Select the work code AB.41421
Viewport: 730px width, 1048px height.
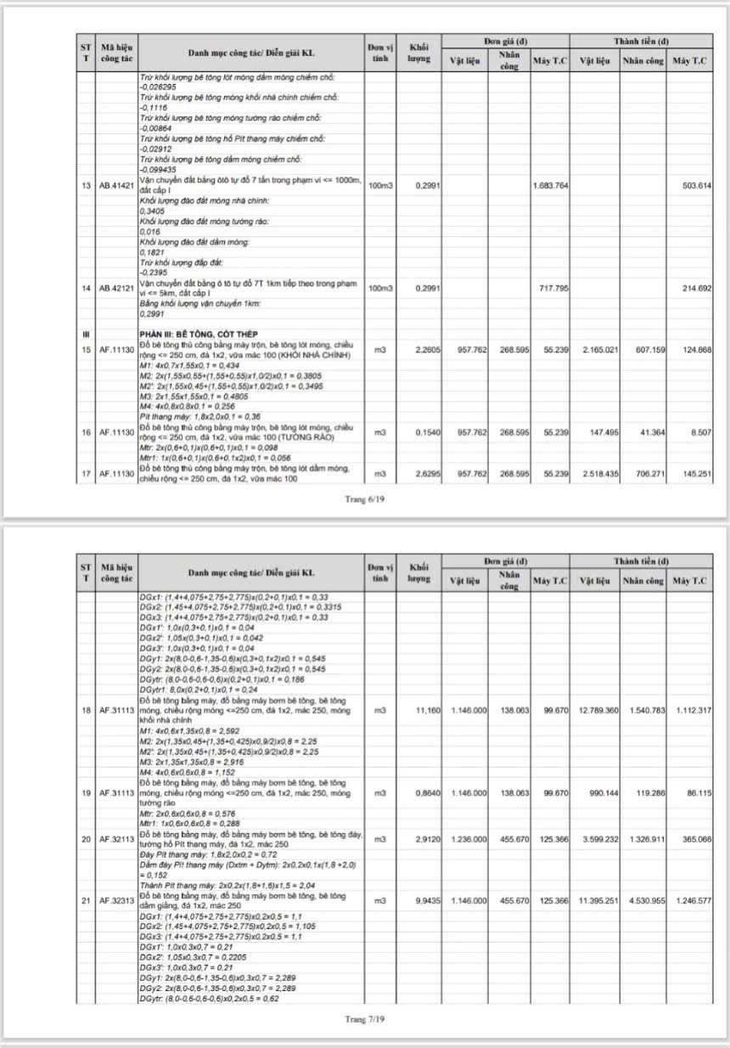[116, 186]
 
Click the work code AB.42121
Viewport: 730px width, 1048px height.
[116, 289]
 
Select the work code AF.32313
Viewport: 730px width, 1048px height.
[116, 900]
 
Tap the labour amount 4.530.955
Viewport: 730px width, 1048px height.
[644, 900]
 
